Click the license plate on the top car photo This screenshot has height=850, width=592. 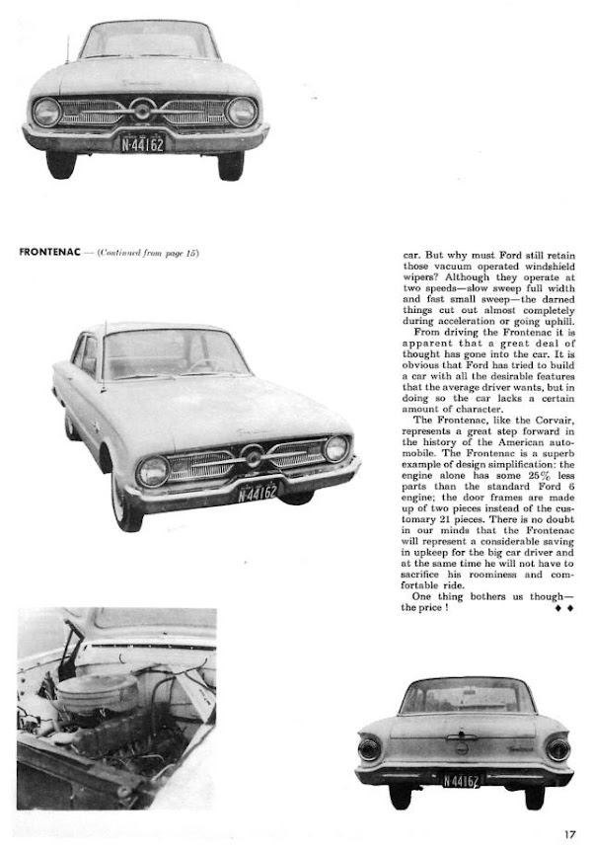(x=143, y=144)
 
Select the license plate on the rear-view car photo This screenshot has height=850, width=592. (x=462, y=781)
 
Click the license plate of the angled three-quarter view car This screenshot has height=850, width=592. (x=258, y=491)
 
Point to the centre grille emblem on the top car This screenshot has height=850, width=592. (x=143, y=110)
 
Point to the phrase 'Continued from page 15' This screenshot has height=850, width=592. (x=148, y=254)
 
